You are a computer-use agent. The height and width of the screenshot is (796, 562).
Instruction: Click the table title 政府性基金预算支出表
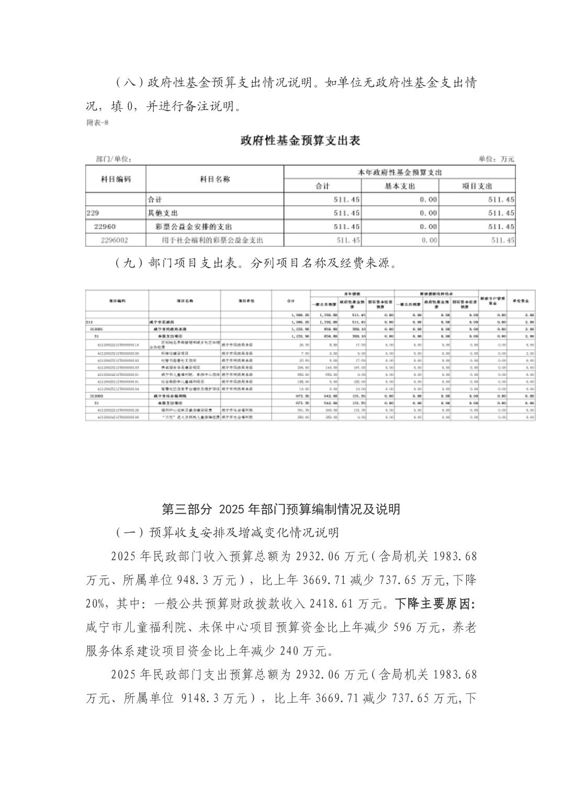300,141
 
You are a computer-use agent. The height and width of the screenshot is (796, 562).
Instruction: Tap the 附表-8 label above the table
97,123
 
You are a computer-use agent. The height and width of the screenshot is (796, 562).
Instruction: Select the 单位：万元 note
496,159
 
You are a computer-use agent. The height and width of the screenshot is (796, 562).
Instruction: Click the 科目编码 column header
116,179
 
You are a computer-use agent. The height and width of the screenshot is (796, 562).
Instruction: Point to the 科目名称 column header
215,179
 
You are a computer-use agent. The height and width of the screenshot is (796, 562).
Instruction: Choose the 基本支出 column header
400,186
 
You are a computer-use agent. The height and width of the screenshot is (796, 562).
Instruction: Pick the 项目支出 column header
477,186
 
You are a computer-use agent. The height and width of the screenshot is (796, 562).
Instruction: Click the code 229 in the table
93,213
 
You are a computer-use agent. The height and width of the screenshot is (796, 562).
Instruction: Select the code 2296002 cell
114,240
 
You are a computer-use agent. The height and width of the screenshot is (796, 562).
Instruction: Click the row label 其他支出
163,213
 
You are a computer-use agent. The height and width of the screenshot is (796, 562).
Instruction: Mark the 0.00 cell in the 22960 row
429,227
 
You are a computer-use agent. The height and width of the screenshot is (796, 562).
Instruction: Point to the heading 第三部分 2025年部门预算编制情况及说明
281,509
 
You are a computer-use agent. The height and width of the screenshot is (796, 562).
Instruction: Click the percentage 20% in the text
96,604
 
